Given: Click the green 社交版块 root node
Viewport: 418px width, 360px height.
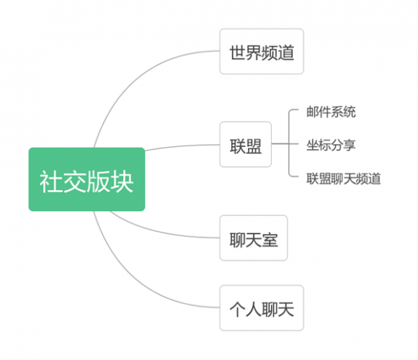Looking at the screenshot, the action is [x=86, y=179].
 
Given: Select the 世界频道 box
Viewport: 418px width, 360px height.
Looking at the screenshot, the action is [x=262, y=51].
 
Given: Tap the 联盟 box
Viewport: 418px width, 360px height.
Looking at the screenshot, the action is [x=246, y=144].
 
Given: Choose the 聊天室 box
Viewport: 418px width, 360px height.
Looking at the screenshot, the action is [x=254, y=238].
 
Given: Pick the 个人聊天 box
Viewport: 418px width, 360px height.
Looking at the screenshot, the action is [x=262, y=308].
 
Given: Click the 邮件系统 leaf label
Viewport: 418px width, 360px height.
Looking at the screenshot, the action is [x=331, y=112].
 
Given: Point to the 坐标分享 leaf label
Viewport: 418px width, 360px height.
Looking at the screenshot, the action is [x=331, y=145].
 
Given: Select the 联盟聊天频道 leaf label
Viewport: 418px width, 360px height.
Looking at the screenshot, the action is [x=343, y=179].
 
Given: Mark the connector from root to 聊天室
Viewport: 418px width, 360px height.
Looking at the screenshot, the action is [x=160, y=232].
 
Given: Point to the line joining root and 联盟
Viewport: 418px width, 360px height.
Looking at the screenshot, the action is [x=182, y=146].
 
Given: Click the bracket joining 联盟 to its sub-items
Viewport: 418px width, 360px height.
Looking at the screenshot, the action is [x=289, y=144].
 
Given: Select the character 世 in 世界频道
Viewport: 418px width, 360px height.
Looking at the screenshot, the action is [x=237, y=53].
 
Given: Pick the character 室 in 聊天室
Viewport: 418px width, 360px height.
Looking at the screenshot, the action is [x=270, y=240].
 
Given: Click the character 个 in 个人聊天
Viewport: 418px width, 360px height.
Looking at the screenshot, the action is [x=237, y=309].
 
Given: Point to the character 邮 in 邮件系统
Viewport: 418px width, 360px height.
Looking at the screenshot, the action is [x=313, y=112].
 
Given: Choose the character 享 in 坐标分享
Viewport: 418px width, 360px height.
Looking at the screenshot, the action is [x=350, y=145].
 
